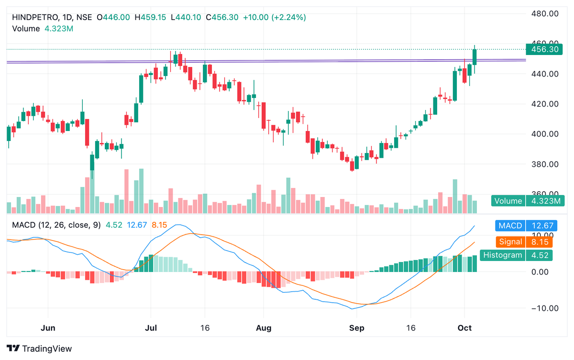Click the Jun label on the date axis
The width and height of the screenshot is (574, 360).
pos(48,328)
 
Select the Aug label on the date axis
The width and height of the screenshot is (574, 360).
pos(264,328)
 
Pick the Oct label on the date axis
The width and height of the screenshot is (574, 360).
pos(465,328)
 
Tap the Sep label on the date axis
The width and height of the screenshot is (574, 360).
pos(356,328)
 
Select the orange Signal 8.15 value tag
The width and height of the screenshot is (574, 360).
pos(524,242)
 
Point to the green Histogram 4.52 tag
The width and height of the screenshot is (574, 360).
pos(516,255)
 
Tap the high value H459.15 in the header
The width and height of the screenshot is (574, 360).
pos(150,17)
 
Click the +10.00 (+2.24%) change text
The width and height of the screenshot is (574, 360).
pos(274,17)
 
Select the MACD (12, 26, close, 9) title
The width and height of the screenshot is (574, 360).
pos(56,225)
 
